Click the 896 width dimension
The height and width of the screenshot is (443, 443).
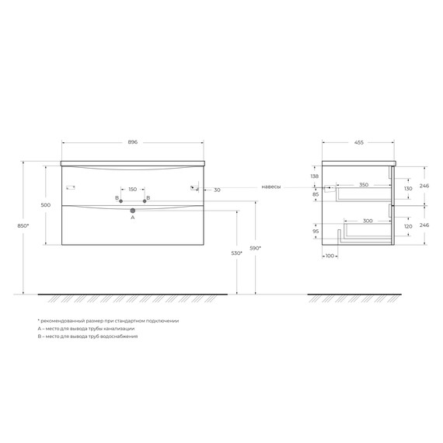[133, 142]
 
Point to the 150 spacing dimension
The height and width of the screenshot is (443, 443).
[132, 190]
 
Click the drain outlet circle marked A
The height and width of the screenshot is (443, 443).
[133, 211]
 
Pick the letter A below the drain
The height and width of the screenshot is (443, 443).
[133, 219]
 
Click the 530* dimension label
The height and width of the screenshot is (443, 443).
[224, 253]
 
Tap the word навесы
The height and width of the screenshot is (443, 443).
[271, 187]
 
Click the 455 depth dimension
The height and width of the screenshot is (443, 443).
[359, 142]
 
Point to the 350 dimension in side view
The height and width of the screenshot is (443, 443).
[365, 185]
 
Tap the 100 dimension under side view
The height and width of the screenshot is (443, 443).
[330, 256]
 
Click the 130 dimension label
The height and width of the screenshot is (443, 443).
[407, 189]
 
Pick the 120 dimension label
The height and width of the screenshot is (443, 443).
[407, 227]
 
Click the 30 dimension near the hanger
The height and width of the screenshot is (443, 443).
[216, 190]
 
